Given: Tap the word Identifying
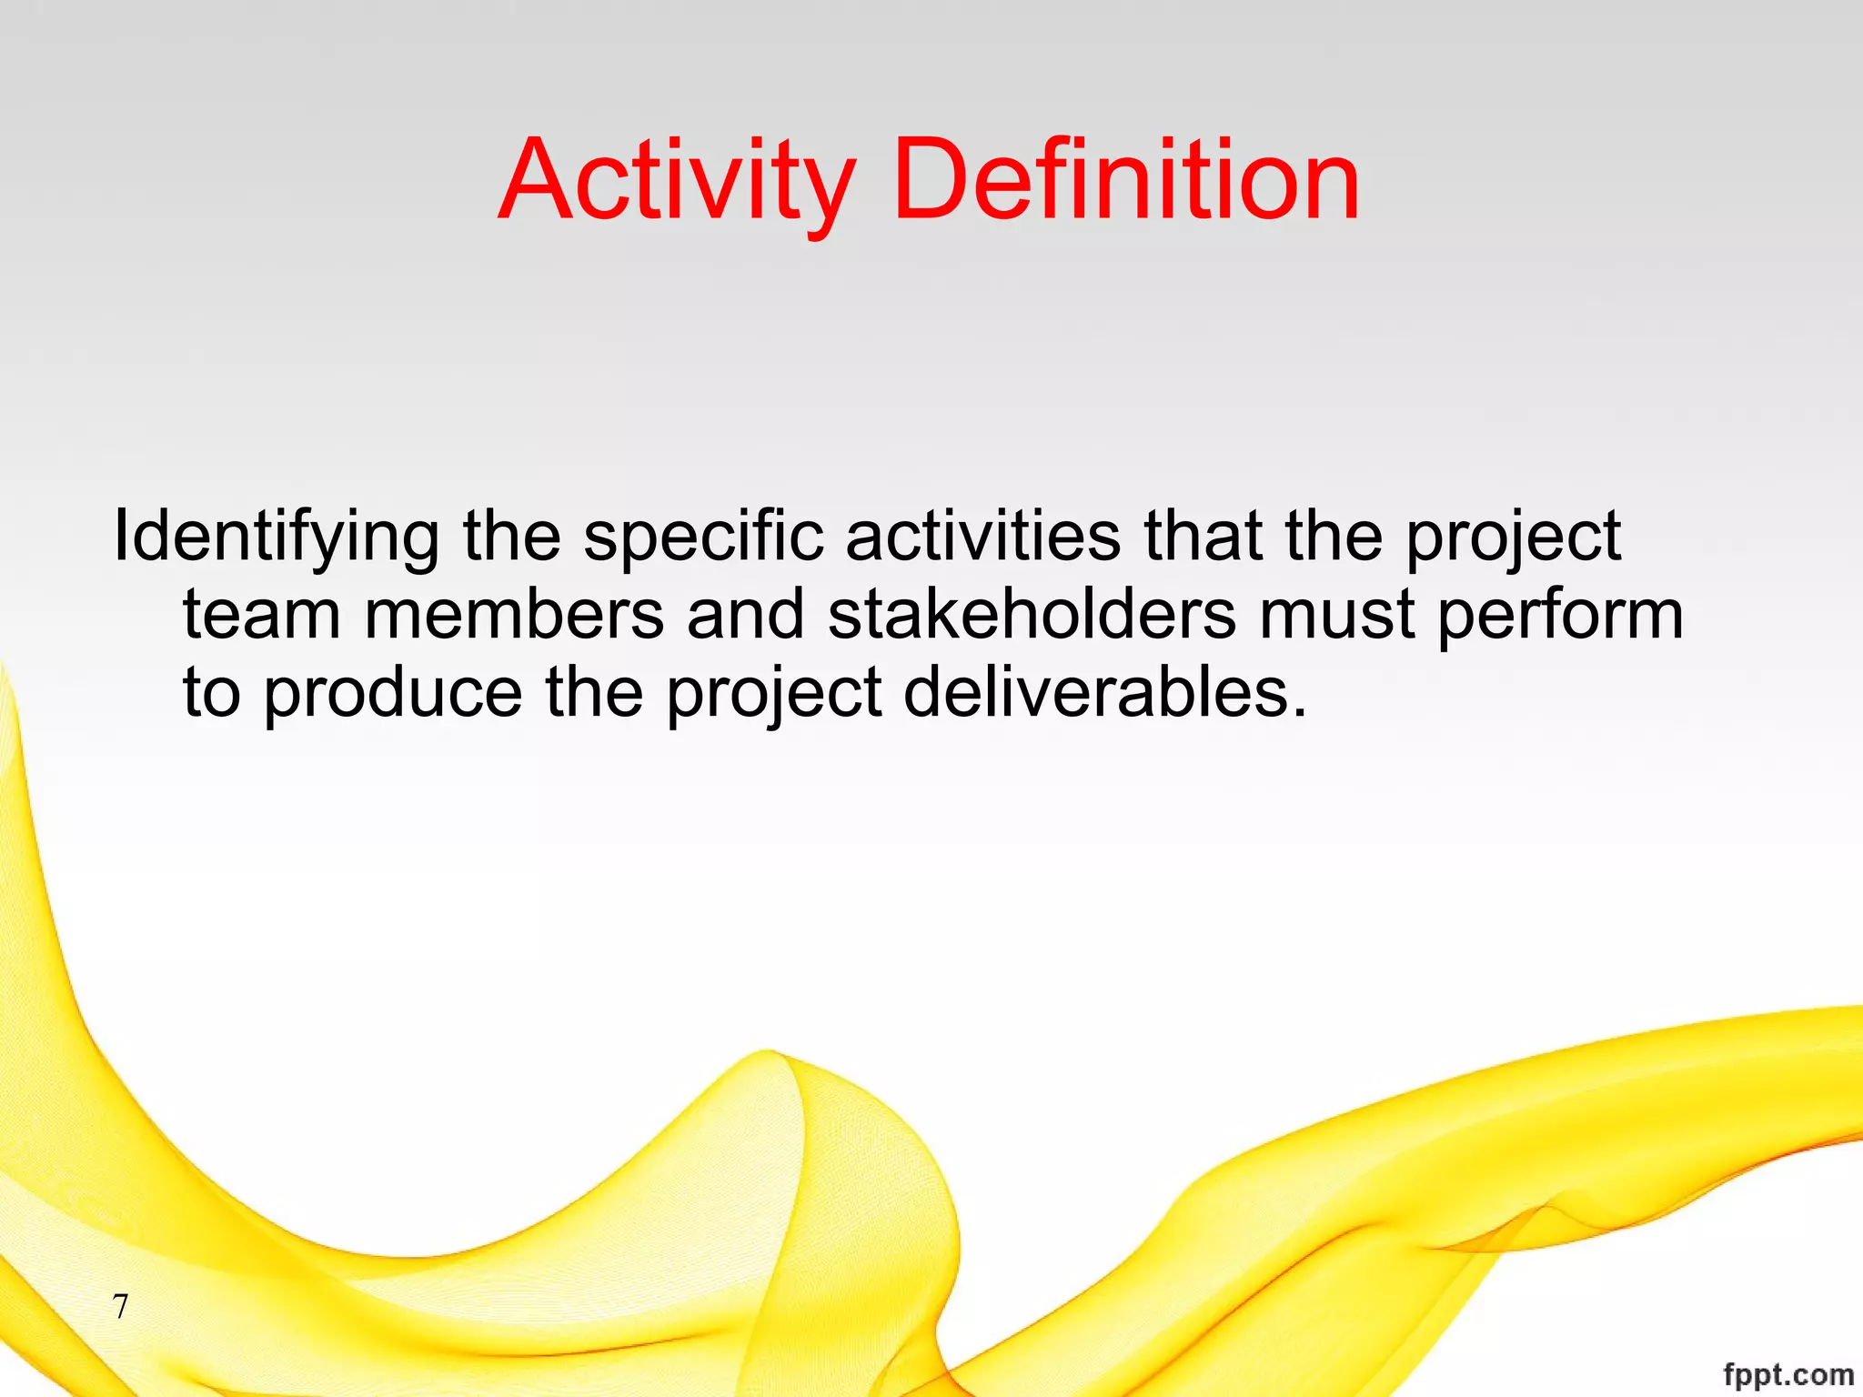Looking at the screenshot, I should click(276, 537).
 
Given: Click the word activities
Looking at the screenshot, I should click(983, 537).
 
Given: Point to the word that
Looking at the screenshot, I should click(1203, 537).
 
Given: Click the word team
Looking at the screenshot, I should click(262, 615).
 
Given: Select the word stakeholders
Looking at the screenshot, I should click(1032, 615).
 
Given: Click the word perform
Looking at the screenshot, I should click(1560, 615).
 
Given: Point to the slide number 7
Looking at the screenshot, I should click(120, 1307).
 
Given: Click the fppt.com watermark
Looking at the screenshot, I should click(1787, 1374).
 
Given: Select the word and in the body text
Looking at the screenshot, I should click(746, 615).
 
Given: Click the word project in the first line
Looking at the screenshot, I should click(1514, 537).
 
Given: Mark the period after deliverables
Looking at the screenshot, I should click(1299, 712).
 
